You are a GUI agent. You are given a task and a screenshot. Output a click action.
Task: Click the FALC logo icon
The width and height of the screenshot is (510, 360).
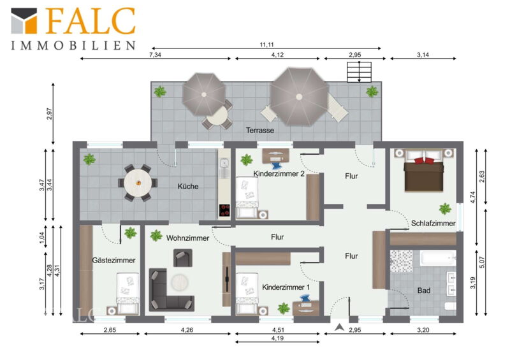click(24, 20)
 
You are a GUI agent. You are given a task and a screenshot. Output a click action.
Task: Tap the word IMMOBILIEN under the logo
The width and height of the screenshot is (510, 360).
click(73, 45)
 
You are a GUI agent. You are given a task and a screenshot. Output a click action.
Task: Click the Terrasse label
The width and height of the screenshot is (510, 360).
click(260, 131)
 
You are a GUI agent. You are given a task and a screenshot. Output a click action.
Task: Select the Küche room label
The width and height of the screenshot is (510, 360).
click(188, 186)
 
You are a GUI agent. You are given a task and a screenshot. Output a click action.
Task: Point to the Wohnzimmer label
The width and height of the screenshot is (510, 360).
click(187, 238)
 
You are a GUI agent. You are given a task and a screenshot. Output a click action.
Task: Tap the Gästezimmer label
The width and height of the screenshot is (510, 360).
click(113, 261)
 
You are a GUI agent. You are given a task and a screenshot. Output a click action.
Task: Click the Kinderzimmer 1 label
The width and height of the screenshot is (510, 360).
click(286, 287)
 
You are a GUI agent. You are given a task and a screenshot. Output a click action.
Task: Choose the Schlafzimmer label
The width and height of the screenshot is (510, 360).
click(433, 224)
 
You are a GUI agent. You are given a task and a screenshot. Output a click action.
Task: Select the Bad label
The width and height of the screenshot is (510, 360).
click(424, 291)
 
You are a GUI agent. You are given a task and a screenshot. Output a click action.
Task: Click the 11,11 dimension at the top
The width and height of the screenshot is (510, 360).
click(266, 45)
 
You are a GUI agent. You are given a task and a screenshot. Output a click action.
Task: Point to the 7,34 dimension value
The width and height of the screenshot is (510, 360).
click(155, 55)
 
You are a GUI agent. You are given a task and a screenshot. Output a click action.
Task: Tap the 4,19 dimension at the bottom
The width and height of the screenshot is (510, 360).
click(277, 338)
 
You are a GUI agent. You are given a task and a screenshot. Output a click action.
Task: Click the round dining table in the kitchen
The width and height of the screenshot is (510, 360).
click(138, 183)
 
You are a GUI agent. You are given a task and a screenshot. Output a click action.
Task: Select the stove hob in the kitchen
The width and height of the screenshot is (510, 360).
click(224, 210)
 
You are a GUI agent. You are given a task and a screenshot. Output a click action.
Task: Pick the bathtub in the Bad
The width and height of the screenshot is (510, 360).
click(438, 258)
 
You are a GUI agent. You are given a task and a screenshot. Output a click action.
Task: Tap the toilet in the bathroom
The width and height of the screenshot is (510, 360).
click(451, 306)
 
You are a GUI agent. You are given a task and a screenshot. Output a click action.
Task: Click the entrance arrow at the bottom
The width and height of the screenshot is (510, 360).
click(340, 327)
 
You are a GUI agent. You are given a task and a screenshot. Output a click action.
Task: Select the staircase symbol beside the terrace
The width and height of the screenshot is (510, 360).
click(359, 72)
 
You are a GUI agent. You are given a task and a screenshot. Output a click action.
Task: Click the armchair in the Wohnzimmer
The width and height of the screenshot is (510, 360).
click(182, 258)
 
